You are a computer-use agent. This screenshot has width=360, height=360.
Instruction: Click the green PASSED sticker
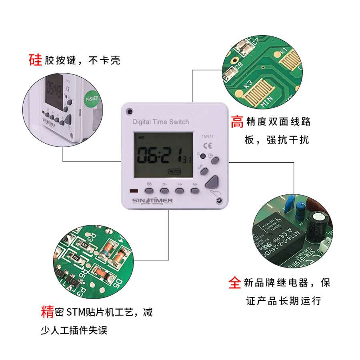[92, 98]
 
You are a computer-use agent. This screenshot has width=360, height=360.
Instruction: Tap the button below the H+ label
[180, 190]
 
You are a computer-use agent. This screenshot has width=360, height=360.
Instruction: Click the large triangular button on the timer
[212, 182]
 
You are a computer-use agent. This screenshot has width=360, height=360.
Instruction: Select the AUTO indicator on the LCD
[175, 171]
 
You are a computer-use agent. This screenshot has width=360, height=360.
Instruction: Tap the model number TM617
[207, 136]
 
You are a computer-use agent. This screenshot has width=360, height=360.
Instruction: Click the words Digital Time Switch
[160, 122]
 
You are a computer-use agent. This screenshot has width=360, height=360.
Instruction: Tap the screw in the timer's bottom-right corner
[219, 200]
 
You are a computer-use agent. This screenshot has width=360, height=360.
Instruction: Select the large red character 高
[237, 122]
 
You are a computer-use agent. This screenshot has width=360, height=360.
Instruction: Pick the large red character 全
[235, 282]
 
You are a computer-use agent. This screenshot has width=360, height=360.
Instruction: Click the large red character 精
[47, 311]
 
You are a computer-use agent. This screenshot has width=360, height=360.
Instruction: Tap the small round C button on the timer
[203, 156]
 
